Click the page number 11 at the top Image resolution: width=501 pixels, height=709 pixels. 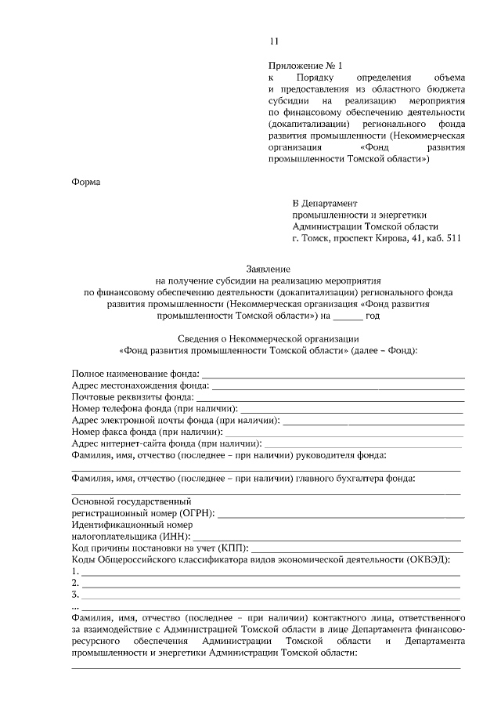[x=273, y=42]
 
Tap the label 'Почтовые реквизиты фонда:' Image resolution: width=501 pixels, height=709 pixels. [x=133, y=396]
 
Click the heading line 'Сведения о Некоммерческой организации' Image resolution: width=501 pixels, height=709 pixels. [x=267, y=338]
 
